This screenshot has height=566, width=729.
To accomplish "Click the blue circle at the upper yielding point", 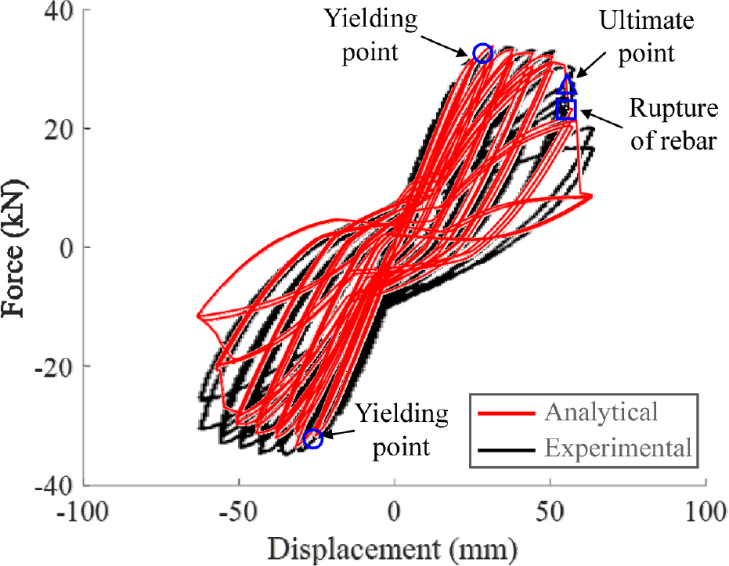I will (482, 53).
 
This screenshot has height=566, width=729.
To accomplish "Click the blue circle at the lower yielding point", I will (313, 438).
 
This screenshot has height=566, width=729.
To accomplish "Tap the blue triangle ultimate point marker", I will (568, 85).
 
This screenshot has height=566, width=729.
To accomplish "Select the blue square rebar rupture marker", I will (566, 110).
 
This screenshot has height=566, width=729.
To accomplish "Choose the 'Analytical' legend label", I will (601, 411).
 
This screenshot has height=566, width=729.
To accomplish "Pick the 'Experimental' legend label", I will (619, 449).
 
